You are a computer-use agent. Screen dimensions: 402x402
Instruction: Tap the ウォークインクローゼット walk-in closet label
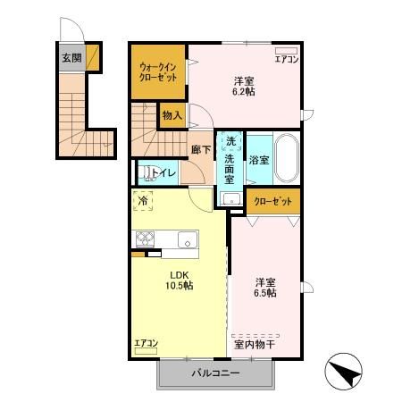[157, 72]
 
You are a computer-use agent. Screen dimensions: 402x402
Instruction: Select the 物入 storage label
[172, 115]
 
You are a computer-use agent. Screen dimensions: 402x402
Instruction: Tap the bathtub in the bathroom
[286, 158]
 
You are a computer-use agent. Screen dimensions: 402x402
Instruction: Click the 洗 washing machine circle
[230, 142]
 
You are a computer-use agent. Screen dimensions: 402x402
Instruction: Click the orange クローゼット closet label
[273, 202]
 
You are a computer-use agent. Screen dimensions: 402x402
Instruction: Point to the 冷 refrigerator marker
[144, 202]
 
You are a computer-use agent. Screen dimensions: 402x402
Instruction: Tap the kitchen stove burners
[146, 239]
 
